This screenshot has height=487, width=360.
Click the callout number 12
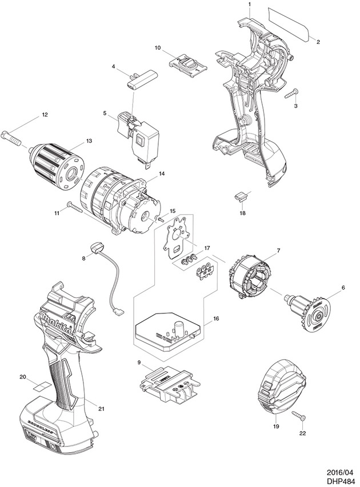click(x=45, y=115)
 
